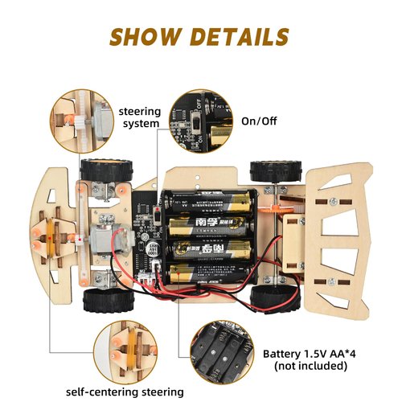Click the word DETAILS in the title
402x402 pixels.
click(x=240, y=36)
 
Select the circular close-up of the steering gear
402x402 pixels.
click(x=81, y=121)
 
